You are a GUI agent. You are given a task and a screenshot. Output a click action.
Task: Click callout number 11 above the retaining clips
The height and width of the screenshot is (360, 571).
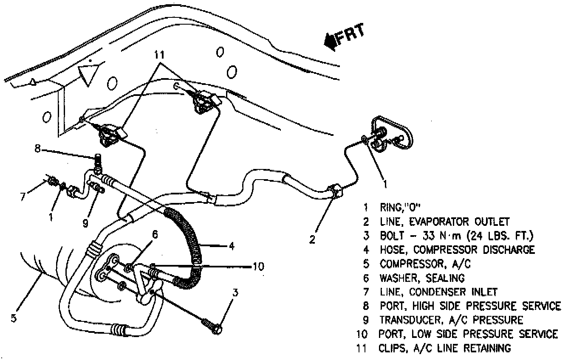[159, 55]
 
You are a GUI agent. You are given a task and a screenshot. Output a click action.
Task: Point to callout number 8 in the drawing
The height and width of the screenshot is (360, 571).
[38, 149]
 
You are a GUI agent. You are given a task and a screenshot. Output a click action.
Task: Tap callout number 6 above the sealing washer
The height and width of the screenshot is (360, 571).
[155, 235]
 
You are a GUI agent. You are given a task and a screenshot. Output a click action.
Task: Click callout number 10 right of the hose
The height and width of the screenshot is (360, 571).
[257, 266]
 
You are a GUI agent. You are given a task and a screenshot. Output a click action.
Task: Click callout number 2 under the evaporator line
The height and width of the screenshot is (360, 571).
[312, 240]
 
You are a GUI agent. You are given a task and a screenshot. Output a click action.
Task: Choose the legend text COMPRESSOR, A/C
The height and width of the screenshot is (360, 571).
[425, 264]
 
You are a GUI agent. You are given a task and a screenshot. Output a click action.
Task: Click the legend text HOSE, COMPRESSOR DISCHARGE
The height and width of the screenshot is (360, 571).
[457, 250]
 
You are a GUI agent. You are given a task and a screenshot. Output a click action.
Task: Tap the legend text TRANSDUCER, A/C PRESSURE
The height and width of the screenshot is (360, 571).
[451, 319]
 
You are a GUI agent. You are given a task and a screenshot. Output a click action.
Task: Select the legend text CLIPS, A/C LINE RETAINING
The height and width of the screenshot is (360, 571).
[445, 348]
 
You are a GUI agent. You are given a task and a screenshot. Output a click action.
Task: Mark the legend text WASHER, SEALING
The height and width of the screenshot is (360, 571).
[422, 278]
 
